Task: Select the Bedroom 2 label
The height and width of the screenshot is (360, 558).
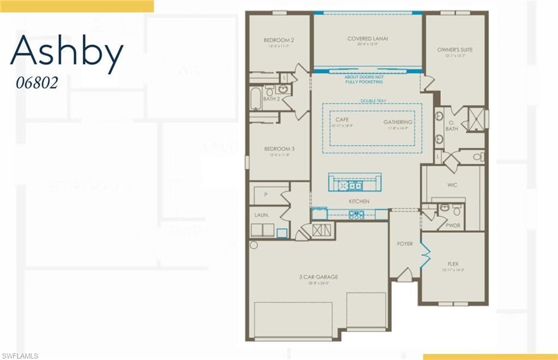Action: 279,40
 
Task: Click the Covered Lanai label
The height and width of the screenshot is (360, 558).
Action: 368,39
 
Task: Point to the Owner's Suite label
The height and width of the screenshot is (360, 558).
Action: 454,50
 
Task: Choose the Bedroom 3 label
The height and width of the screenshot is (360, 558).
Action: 279,149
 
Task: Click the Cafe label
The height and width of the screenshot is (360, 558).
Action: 342,119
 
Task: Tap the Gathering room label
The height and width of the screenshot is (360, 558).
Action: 398,122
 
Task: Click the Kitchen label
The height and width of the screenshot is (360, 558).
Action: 360,202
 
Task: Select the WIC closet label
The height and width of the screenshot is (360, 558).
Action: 452,185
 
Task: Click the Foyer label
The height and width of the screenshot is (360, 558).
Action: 404,243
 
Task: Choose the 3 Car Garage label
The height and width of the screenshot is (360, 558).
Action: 319,277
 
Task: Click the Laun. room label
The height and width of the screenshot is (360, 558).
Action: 261,215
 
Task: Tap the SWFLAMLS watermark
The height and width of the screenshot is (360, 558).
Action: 20,356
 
